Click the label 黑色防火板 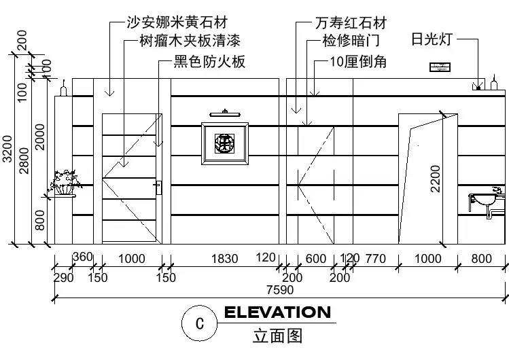pos(209,62)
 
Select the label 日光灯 pos(432,38)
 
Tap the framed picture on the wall pos(224,143)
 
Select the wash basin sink pos(485,201)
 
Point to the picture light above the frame pos(224,113)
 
